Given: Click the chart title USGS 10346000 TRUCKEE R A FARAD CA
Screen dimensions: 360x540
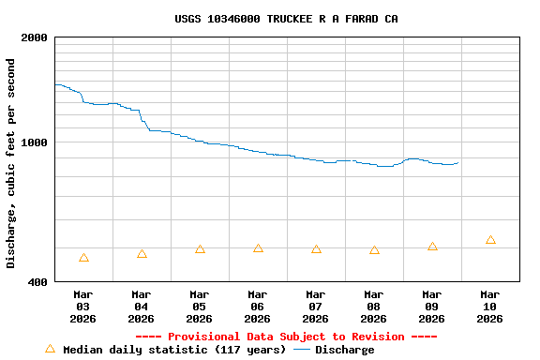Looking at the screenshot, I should point(286,19).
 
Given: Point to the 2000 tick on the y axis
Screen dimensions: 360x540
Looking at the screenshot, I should point(36,37).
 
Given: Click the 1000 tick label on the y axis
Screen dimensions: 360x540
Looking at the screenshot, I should point(36,142).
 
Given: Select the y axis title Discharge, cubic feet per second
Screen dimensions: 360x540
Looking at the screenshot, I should point(11,163).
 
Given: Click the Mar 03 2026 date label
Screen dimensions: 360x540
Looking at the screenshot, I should point(83,307).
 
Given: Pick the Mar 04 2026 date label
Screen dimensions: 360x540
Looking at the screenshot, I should point(142,307).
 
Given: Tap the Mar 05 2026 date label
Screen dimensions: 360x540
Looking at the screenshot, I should point(200,307).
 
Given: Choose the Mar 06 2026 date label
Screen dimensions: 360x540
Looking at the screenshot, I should point(258,307).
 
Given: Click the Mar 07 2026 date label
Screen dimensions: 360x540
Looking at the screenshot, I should point(316,307).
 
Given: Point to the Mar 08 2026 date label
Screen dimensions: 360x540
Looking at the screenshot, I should point(374,307).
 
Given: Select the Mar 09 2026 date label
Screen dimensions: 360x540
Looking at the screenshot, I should point(432,307).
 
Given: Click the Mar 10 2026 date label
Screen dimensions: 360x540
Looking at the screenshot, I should point(490,307).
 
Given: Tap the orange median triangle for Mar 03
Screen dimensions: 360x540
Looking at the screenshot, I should point(84,258).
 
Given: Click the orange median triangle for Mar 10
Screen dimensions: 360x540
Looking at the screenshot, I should point(490,240).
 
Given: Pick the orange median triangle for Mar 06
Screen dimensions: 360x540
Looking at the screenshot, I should point(258,248).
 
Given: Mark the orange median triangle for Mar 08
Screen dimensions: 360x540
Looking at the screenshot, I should point(374,250).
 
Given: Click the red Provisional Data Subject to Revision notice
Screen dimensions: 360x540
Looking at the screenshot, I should point(286,337).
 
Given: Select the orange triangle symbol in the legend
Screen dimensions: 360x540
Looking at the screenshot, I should point(50,349).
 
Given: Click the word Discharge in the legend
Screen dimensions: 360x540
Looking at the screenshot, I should point(344,350).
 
